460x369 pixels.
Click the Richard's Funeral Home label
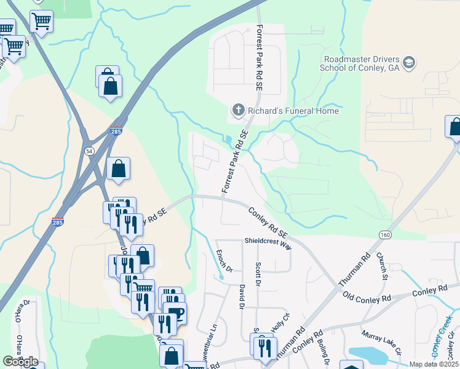(293, 111)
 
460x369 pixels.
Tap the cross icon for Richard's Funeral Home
(238, 111)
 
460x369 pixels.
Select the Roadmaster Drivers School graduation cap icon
(410, 63)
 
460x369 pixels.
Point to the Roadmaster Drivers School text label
(360, 63)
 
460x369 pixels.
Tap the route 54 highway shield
(90, 151)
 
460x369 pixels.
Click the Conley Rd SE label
(268, 222)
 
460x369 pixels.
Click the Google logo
(20, 362)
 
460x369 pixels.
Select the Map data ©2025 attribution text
(434, 364)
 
